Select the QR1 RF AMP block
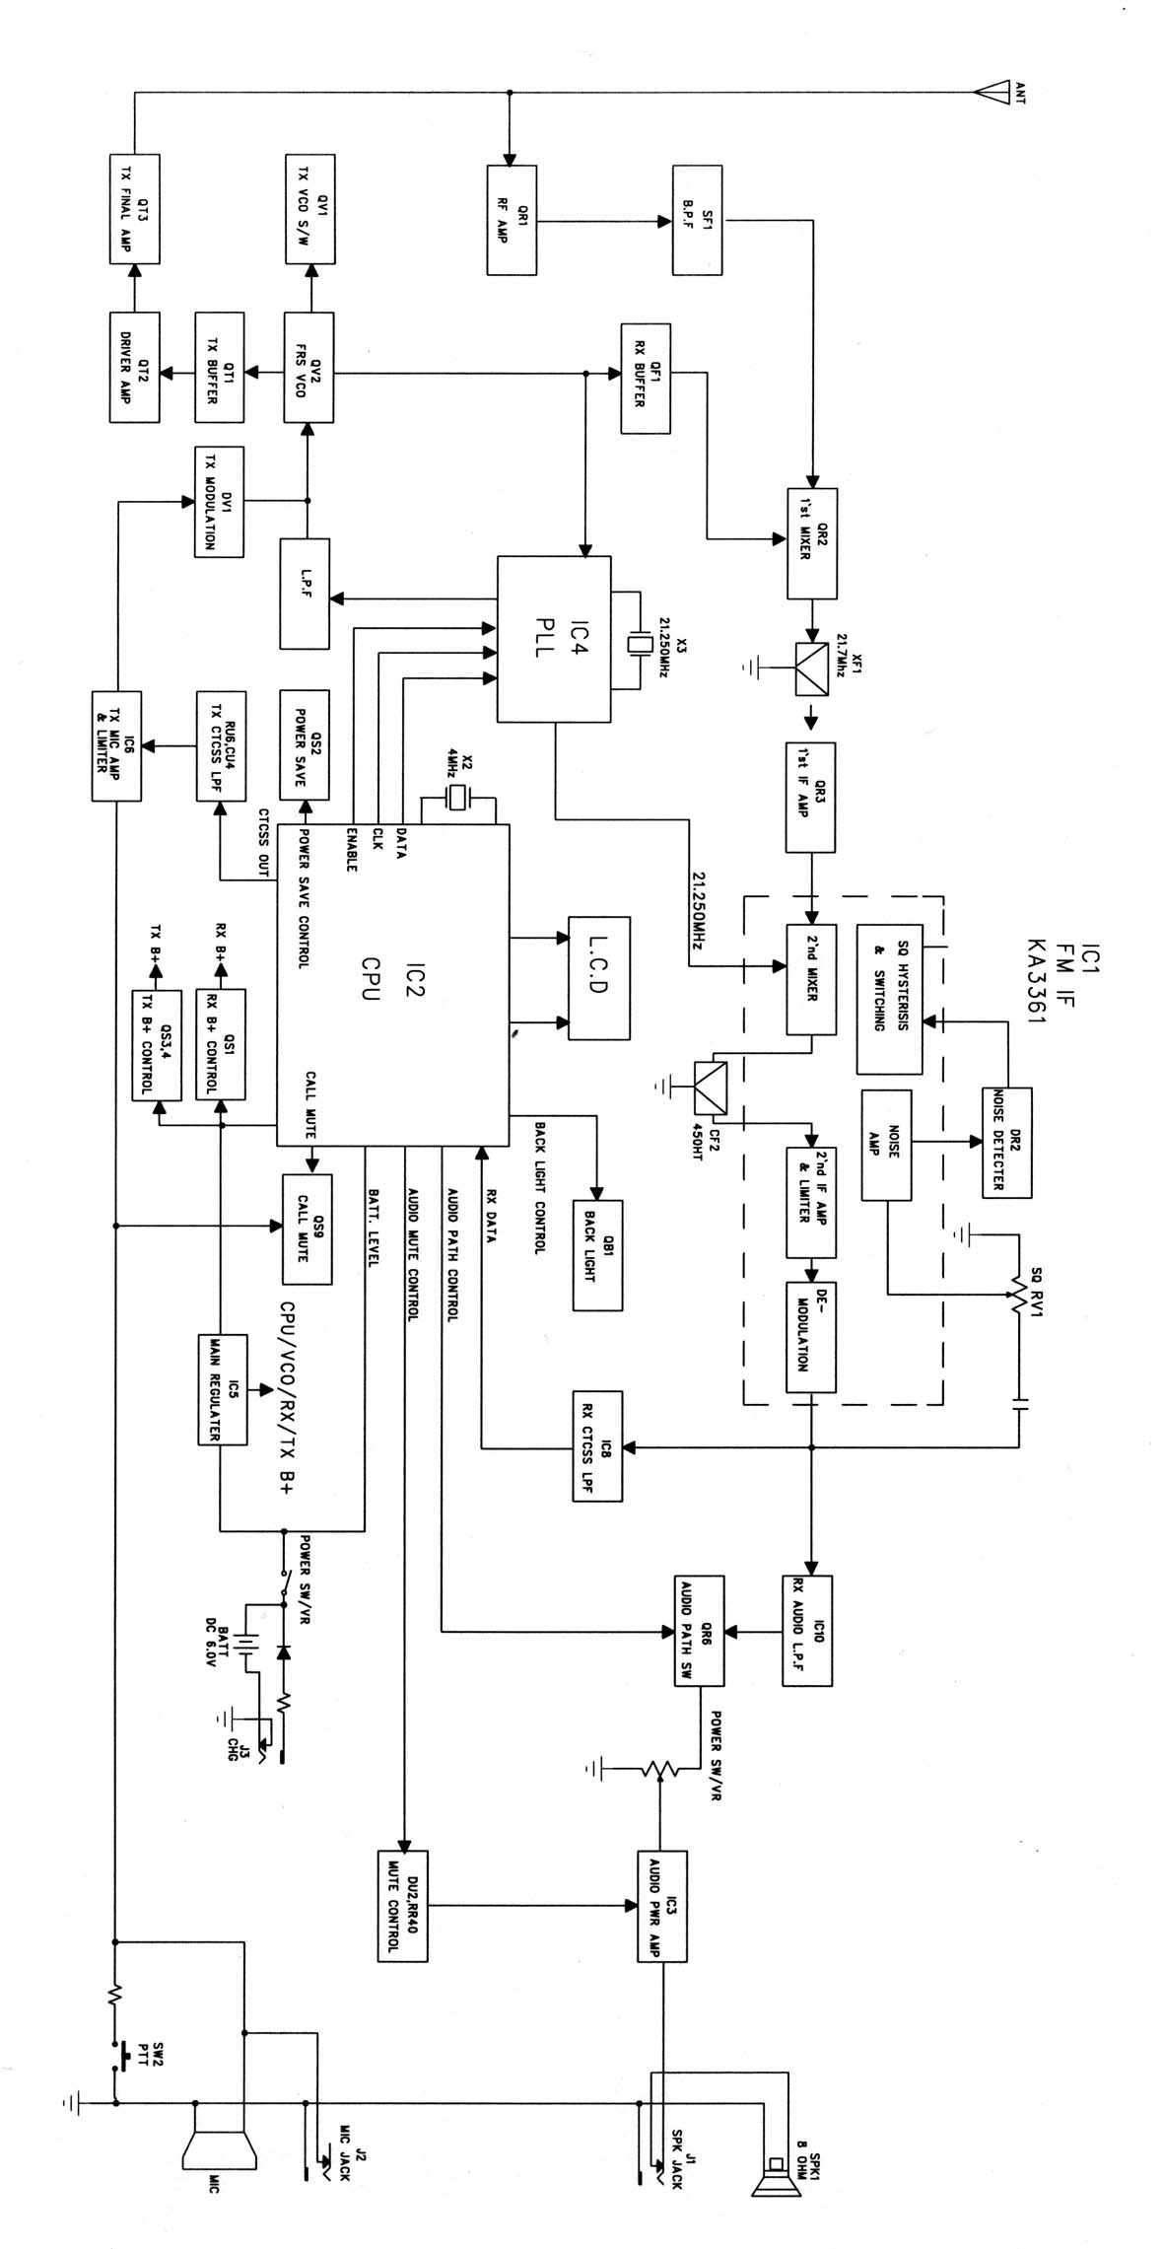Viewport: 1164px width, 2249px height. pyautogui.click(x=512, y=219)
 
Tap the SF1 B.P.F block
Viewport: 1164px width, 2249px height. pyautogui.click(x=697, y=219)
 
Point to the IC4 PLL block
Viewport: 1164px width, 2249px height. pyautogui.click(x=554, y=639)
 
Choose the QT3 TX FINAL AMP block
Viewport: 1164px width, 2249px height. pyautogui.click(x=133, y=208)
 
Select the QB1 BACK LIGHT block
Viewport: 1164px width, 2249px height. pyautogui.click(x=597, y=1254)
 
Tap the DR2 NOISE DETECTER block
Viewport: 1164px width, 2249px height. pyautogui.click(x=1006, y=1142)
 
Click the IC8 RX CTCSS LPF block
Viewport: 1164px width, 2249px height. pyautogui.click(x=597, y=1446)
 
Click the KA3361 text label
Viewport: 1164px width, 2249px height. pyautogui.click(x=1035, y=980)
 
